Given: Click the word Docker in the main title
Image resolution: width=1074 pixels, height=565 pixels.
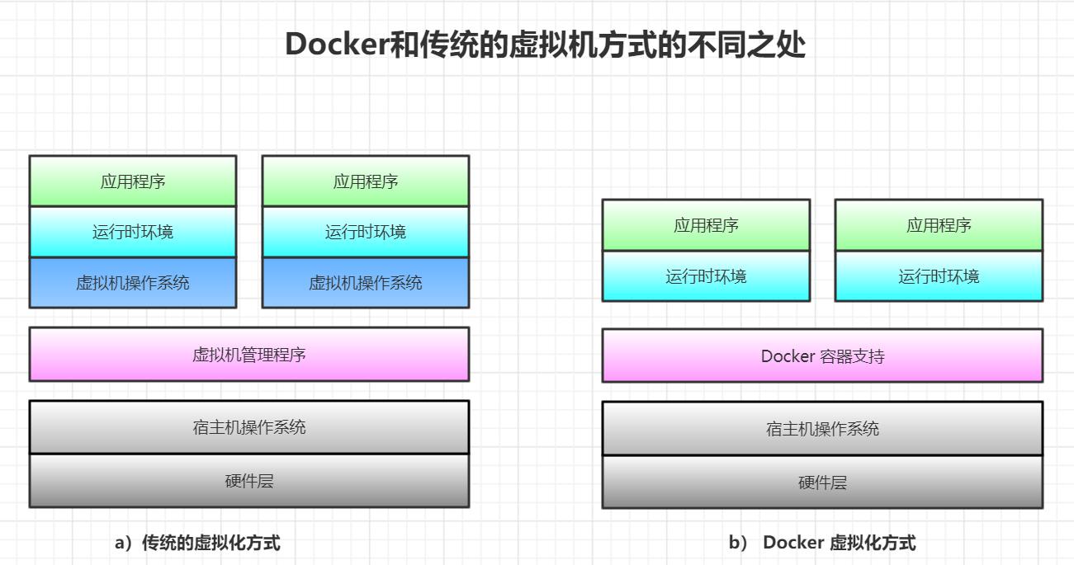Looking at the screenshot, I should tap(336, 44).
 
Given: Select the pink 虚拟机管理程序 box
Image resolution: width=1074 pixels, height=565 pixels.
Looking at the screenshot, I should tap(248, 355).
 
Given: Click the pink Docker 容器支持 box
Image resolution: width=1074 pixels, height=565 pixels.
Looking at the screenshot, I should tap(822, 356).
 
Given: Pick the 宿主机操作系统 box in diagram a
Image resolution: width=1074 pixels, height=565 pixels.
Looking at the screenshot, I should tap(248, 427).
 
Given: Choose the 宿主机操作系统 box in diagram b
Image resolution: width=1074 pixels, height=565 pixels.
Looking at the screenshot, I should tap(822, 429).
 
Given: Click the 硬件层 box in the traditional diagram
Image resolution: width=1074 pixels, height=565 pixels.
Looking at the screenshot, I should tap(248, 481).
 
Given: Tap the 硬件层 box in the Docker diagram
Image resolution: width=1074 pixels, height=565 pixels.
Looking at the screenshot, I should tap(822, 483).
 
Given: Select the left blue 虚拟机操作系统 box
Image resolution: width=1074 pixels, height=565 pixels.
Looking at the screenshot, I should tap(133, 283).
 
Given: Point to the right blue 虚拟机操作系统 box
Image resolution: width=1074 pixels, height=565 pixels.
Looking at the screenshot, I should tap(366, 283).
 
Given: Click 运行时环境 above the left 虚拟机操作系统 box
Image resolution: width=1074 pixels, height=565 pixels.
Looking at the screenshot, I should tap(133, 232).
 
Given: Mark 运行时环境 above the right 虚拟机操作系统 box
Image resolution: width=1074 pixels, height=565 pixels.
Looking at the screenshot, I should tap(366, 232).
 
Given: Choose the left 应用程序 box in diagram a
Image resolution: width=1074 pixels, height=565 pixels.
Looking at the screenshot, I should tap(133, 181).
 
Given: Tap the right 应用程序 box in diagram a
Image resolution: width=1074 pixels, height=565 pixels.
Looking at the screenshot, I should tap(366, 181).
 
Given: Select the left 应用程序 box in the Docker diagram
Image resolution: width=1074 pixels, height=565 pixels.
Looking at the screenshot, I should tap(706, 225).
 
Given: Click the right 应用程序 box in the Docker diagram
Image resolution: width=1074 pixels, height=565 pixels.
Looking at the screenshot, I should tap(939, 225).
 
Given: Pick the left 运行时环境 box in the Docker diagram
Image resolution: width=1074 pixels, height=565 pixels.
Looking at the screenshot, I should tap(706, 276).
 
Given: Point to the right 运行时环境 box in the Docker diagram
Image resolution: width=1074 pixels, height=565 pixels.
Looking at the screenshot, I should tap(939, 276).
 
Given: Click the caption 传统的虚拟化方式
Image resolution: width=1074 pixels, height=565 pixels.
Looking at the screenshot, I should tap(211, 543).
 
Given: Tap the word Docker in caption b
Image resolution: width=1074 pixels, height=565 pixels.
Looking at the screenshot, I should tap(792, 543).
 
